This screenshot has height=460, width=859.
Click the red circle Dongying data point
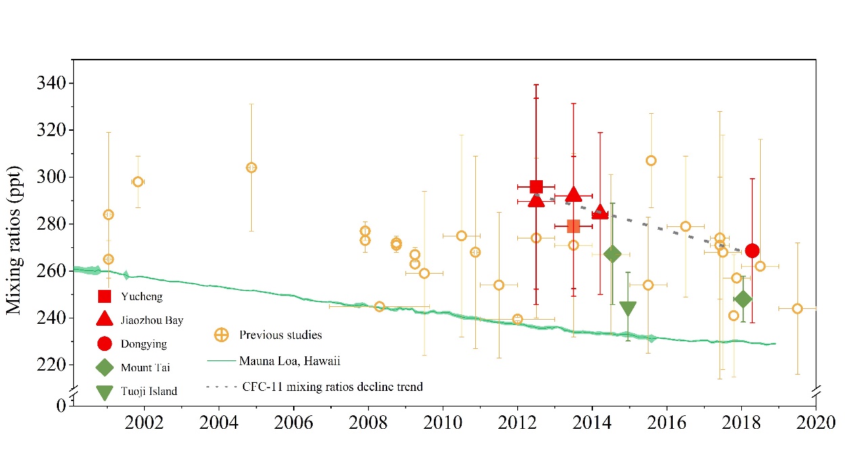[x=752, y=251]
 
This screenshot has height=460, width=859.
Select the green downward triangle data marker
[x=628, y=309]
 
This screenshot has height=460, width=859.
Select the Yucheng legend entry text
[x=141, y=297]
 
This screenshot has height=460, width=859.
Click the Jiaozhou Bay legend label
[x=152, y=320]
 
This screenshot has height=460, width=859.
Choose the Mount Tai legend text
[x=146, y=368]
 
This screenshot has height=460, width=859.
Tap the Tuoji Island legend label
[x=150, y=391]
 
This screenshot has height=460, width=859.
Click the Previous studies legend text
[x=280, y=335]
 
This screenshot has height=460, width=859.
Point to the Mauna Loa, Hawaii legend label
[x=289, y=361]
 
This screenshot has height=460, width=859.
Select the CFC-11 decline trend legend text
[x=332, y=388]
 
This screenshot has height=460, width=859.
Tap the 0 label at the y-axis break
[x=61, y=405]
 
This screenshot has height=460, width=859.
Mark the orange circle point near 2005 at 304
[x=251, y=167]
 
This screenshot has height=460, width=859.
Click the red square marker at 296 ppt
[x=536, y=186]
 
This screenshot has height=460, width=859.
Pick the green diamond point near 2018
[x=743, y=299]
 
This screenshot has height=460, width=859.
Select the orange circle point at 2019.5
[x=797, y=308]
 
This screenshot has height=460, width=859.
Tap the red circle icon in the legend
[x=104, y=343]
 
